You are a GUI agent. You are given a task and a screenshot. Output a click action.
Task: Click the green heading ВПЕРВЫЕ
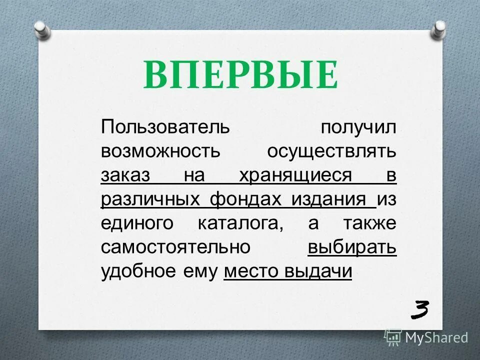click(240, 74)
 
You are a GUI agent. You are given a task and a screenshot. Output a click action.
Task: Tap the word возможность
click(160, 151)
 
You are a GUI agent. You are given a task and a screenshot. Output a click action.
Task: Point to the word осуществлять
click(332, 151)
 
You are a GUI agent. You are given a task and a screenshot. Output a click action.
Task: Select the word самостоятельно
click(175, 248)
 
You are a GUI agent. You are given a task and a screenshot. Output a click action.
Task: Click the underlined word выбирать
click(352, 248)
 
